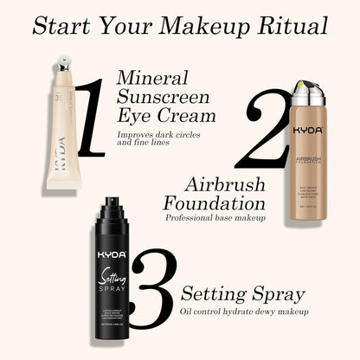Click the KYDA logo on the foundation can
307,129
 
